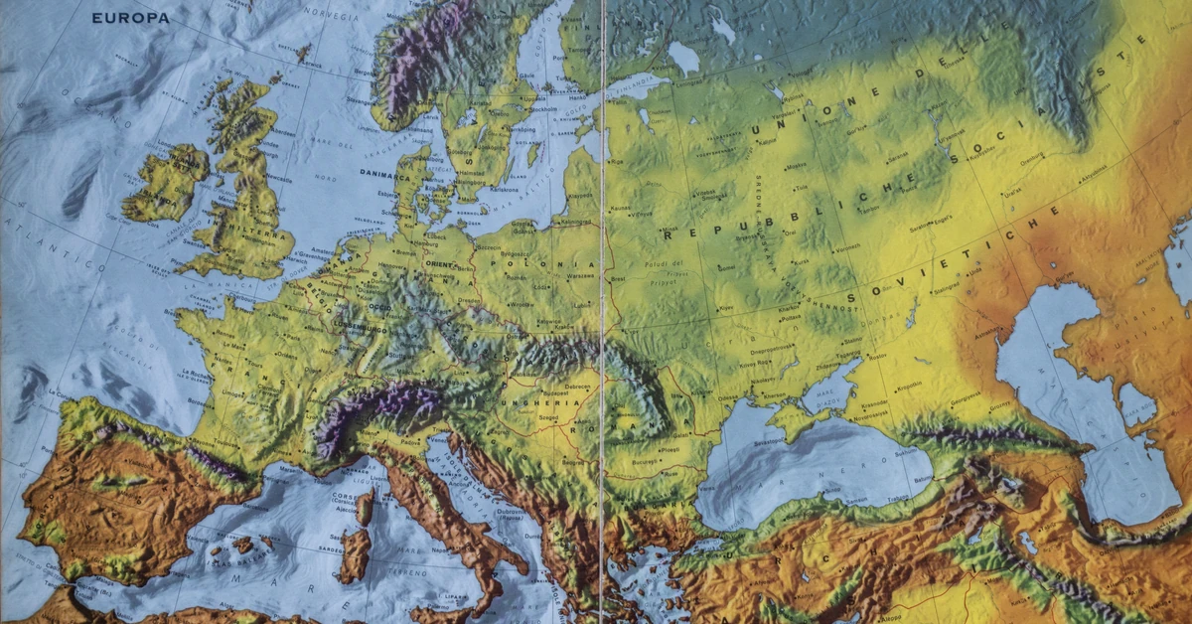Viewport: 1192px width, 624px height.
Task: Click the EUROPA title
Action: [x=130, y=17]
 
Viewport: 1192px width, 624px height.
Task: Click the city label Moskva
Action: [x=797, y=165]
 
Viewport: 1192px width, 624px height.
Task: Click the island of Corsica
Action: [x=366, y=508]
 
